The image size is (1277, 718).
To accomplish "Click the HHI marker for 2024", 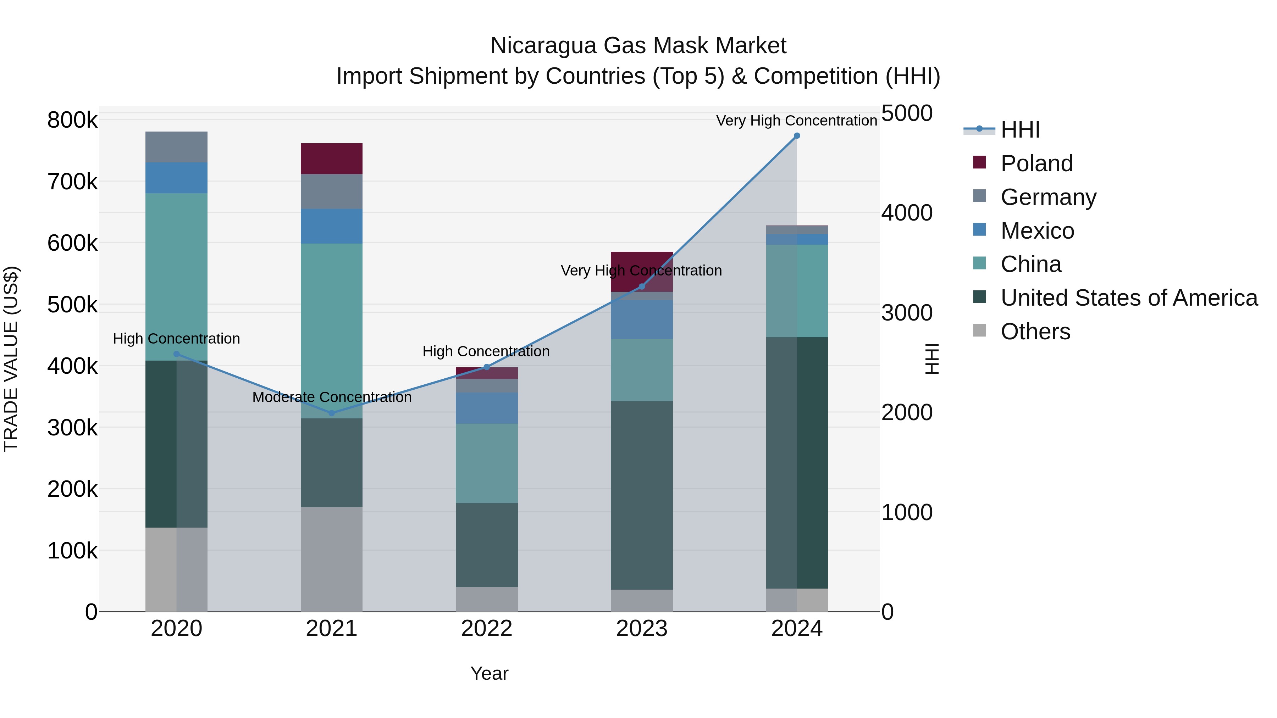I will click(797, 136).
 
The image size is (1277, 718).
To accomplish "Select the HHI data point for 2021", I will click(332, 413).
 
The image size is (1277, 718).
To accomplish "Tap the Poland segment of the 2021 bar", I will click(332, 158).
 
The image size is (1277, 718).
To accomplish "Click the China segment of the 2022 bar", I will click(487, 463).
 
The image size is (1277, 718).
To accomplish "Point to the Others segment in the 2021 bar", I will click(332, 559).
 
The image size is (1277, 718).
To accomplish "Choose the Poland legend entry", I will click(1036, 163).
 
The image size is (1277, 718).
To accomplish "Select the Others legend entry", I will click(1035, 332).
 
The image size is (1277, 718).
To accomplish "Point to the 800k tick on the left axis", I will click(72, 120).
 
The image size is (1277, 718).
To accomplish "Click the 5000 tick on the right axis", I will click(907, 113).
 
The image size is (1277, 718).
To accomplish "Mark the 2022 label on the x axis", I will click(487, 629).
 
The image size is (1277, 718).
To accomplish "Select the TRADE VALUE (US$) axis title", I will click(11, 359).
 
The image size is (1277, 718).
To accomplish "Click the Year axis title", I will click(489, 673).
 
